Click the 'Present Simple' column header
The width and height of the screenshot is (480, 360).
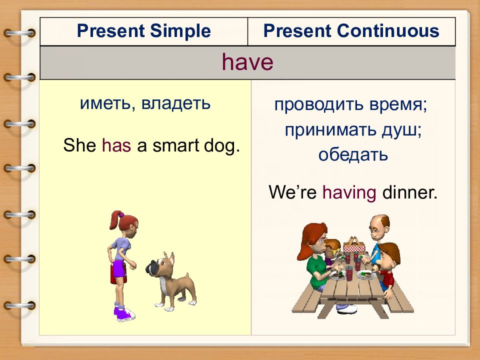(143, 31)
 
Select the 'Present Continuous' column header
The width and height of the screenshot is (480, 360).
(351, 31)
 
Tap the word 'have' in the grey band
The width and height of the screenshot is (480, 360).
(247, 62)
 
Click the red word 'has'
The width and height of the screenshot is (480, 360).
(116, 145)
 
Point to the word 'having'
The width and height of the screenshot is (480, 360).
(349, 193)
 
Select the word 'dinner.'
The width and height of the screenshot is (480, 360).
(410, 192)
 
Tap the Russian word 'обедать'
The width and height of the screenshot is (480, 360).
(353, 154)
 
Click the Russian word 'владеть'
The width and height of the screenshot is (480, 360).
(175, 103)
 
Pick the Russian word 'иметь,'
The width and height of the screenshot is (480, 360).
(107, 103)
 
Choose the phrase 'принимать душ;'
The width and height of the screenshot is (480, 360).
(353, 130)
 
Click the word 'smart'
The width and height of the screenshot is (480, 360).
(175, 145)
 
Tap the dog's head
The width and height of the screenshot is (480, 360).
(160, 265)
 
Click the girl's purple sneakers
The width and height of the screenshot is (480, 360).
(124, 313)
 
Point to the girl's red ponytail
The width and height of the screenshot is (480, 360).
(115, 220)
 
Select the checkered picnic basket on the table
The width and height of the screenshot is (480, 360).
(354, 245)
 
